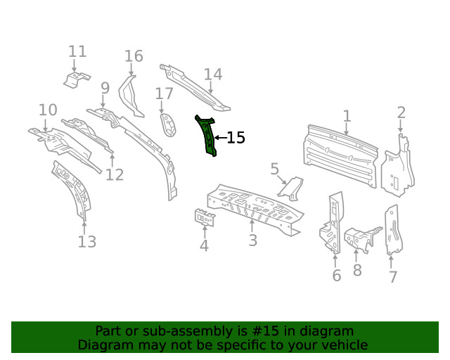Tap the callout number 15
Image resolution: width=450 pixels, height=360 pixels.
(x=236, y=138)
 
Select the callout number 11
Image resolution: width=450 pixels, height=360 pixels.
(x=77, y=51)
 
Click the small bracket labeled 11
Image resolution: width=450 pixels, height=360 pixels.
(x=77, y=79)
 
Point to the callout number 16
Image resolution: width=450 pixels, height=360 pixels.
(x=134, y=56)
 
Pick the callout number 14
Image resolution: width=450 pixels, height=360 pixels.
(x=213, y=75)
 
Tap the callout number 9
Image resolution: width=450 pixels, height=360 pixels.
(x=105, y=88)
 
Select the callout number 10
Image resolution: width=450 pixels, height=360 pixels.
(x=48, y=110)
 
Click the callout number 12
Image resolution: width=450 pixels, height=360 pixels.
(x=115, y=174)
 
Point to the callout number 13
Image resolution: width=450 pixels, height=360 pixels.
(x=86, y=242)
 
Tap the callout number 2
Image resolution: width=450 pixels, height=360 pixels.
(x=401, y=112)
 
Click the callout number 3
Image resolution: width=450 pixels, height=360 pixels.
(x=252, y=240)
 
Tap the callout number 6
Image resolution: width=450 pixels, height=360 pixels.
(x=337, y=275)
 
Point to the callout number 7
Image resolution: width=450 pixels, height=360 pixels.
(x=393, y=276)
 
